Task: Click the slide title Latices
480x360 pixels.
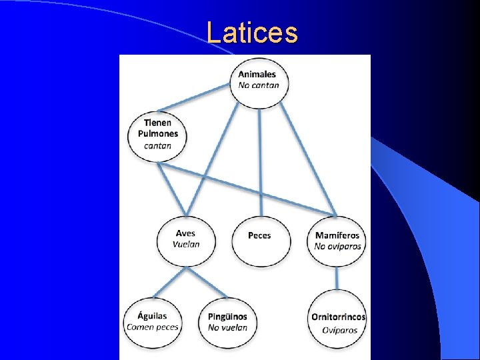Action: pyautogui.click(x=252, y=33)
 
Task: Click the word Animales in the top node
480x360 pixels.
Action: pyautogui.click(x=257, y=74)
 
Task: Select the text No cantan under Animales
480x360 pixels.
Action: pyautogui.click(x=259, y=85)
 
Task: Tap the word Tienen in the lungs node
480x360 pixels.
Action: pyautogui.click(x=157, y=122)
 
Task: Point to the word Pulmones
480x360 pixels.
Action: pyautogui.click(x=158, y=133)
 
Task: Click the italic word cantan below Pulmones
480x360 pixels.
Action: pyautogui.click(x=158, y=145)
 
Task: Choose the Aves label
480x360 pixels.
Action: pyautogui.click(x=185, y=233)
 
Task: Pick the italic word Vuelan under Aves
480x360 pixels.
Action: pyautogui.click(x=185, y=244)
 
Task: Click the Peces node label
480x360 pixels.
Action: pyautogui.click(x=259, y=235)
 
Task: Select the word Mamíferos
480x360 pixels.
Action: pyautogui.click(x=337, y=235)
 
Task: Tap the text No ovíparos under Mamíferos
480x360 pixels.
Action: pyautogui.click(x=338, y=246)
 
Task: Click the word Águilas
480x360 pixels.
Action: pyautogui.click(x=152, y=316)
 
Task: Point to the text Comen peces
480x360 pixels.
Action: pyautogui.click(x=153, y=327)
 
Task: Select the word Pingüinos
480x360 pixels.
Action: pyautogui.click(x=227, y=317)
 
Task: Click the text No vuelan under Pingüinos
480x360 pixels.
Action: pyautogui.click(x=227, y=327)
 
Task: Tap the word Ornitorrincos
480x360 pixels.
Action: pyautogui.click(x=339, y=317)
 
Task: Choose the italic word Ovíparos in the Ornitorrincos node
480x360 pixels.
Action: pyautogui.click(x=339, y=330)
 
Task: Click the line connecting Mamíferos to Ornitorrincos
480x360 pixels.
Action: pyautogui.click(x=338, y=278)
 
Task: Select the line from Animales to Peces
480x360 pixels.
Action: pyautogui.click(x=259, y=160)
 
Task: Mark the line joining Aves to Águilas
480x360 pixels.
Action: pyautogui.click(x=169, y=283)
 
